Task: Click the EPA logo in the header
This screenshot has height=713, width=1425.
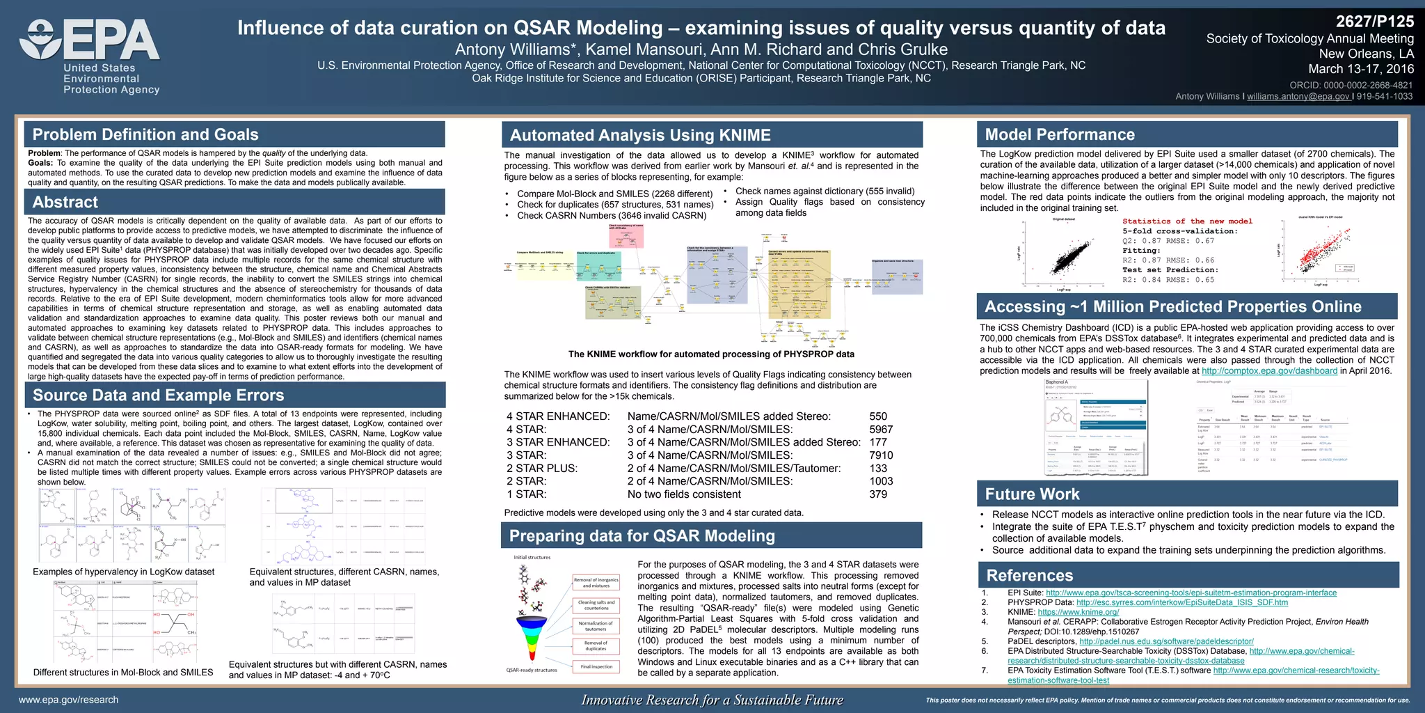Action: (90, 56)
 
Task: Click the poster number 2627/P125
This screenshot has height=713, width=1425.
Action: (1375, 22)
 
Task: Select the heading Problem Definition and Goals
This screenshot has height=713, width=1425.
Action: (145, 135)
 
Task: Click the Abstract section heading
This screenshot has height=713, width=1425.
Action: (65, 203)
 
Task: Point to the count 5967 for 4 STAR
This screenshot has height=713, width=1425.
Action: (881, 430)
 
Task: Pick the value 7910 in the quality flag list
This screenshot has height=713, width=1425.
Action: (881, 455)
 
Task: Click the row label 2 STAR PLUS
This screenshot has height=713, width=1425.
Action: (542, 469)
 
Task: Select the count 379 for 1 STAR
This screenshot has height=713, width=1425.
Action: (878, 494)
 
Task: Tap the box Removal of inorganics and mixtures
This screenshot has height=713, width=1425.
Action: (596, 583)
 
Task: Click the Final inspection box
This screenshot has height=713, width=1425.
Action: (596, 666)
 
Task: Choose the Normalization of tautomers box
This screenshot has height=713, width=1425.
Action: (596, 626)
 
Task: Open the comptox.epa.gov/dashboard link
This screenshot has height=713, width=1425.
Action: (1269, 371)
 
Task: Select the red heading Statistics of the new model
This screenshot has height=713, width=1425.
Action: (1187, 221)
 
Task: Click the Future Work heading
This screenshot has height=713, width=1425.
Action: (1032, 494)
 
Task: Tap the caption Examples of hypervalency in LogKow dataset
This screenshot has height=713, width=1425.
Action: (124, 572)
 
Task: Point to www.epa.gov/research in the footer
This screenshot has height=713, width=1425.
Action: (68, 700)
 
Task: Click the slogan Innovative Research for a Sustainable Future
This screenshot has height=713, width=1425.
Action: (712, 700)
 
